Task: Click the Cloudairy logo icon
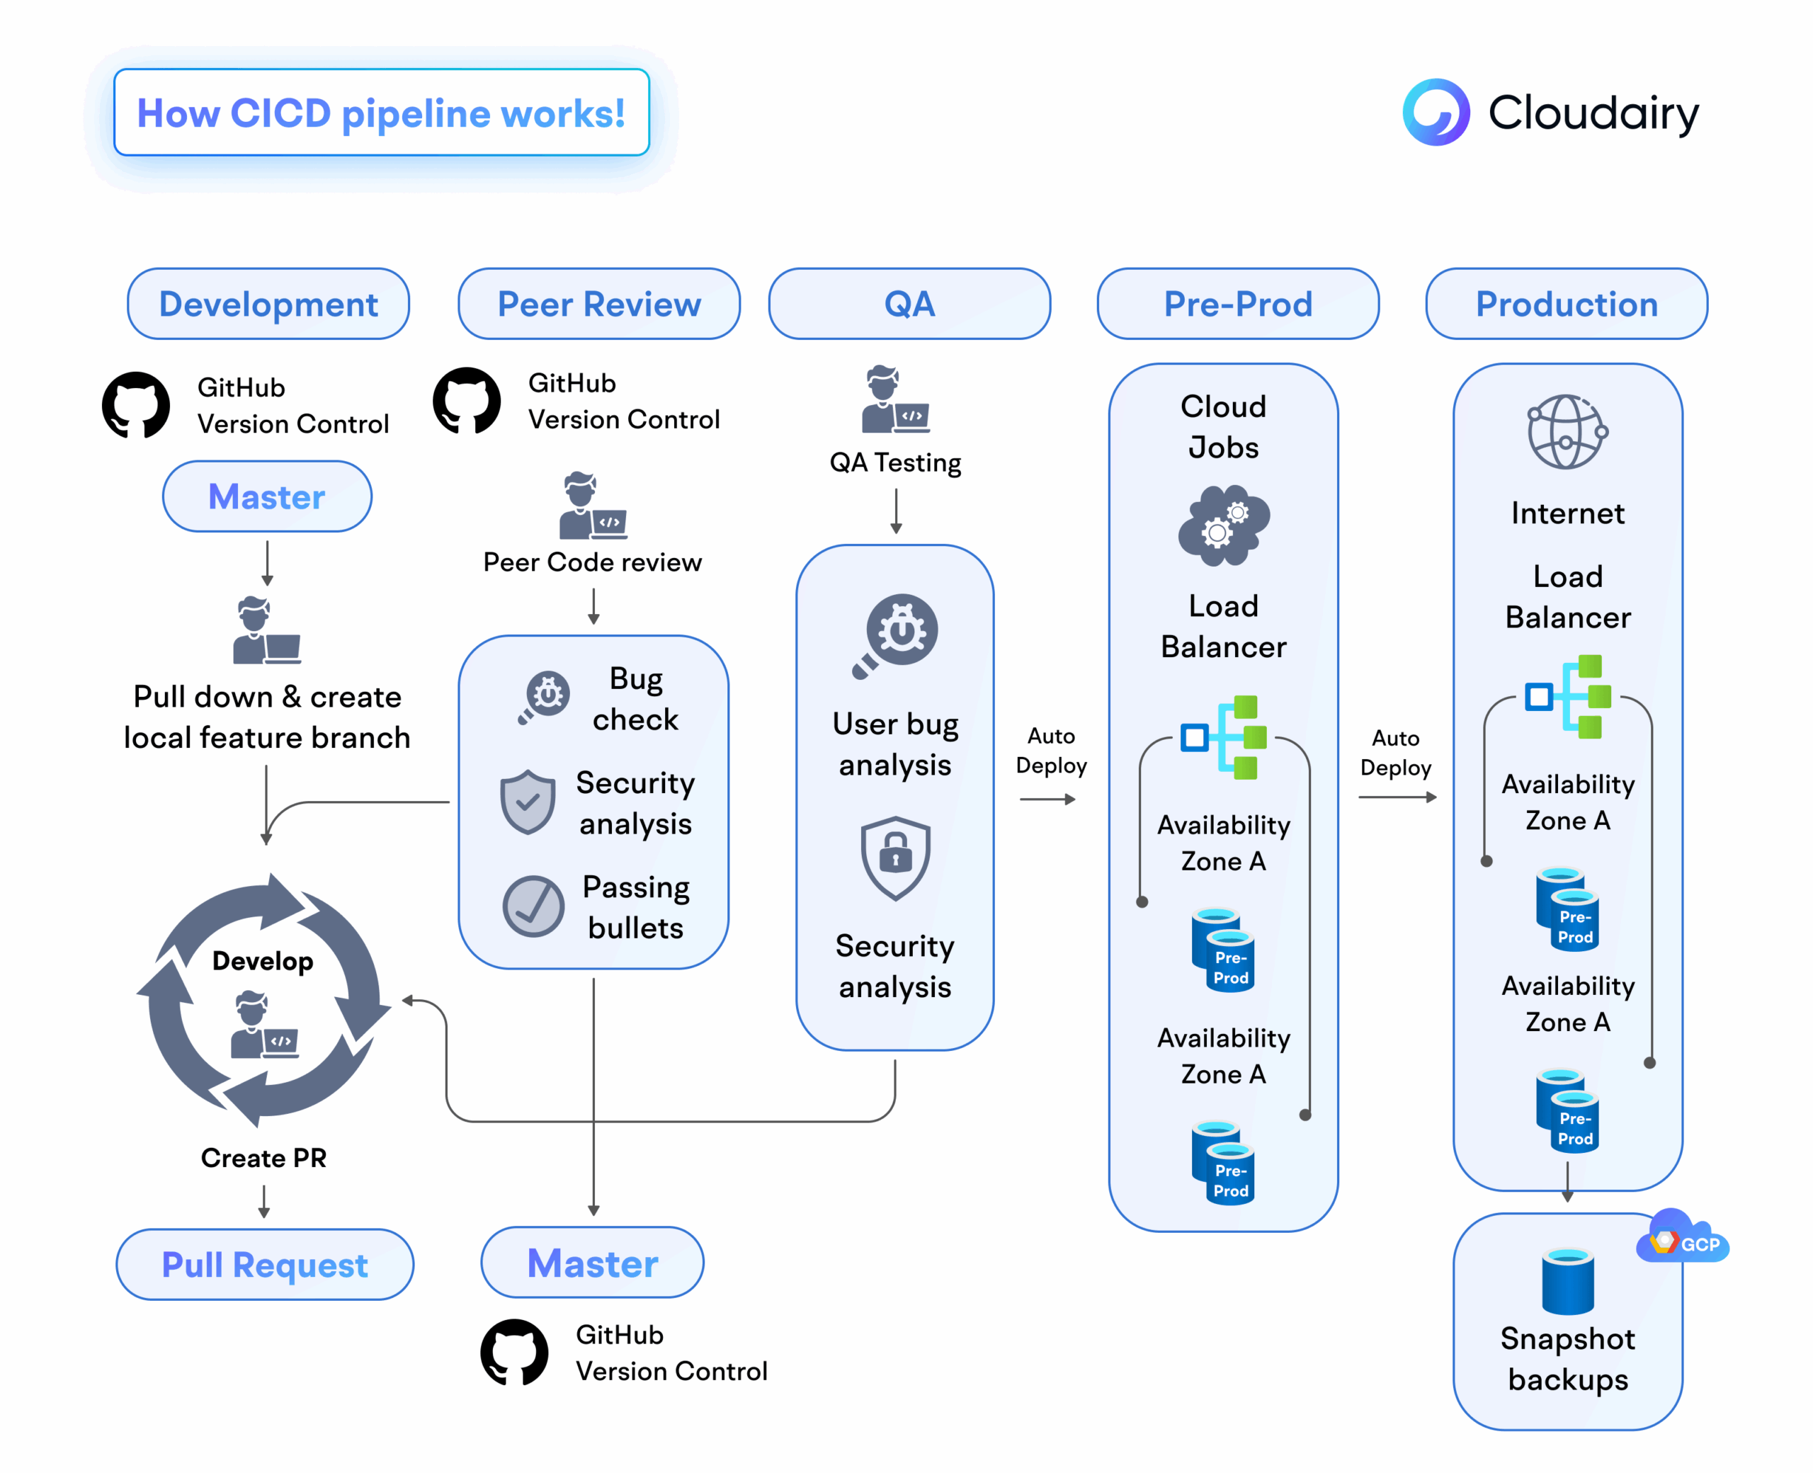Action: pyautogui.click(x=1436, y=112)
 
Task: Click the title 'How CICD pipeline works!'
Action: pyautogui.click(x=381, y=113)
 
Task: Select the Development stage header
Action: pyautogui.click(x=268, y=304)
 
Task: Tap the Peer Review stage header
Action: pyautogui.click(x=599, y=304)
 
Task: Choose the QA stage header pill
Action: pyautogui.click(x=909, y=304)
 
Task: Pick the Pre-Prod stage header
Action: pyautogui.click(x=1238, y=304)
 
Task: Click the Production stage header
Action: pyautogui.click(x=1566, y=304)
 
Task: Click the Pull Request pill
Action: pyautogui.click(x=265, y=1264)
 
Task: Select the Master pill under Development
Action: pyautogui.click(x=266, y=496)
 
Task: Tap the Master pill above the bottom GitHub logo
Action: pyautogui.click(x=592, y=1263)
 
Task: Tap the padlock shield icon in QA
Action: pyautogui.click(x=895, y=857)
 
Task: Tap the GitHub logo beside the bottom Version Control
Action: pyautogui.click(x=514, y=1352)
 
